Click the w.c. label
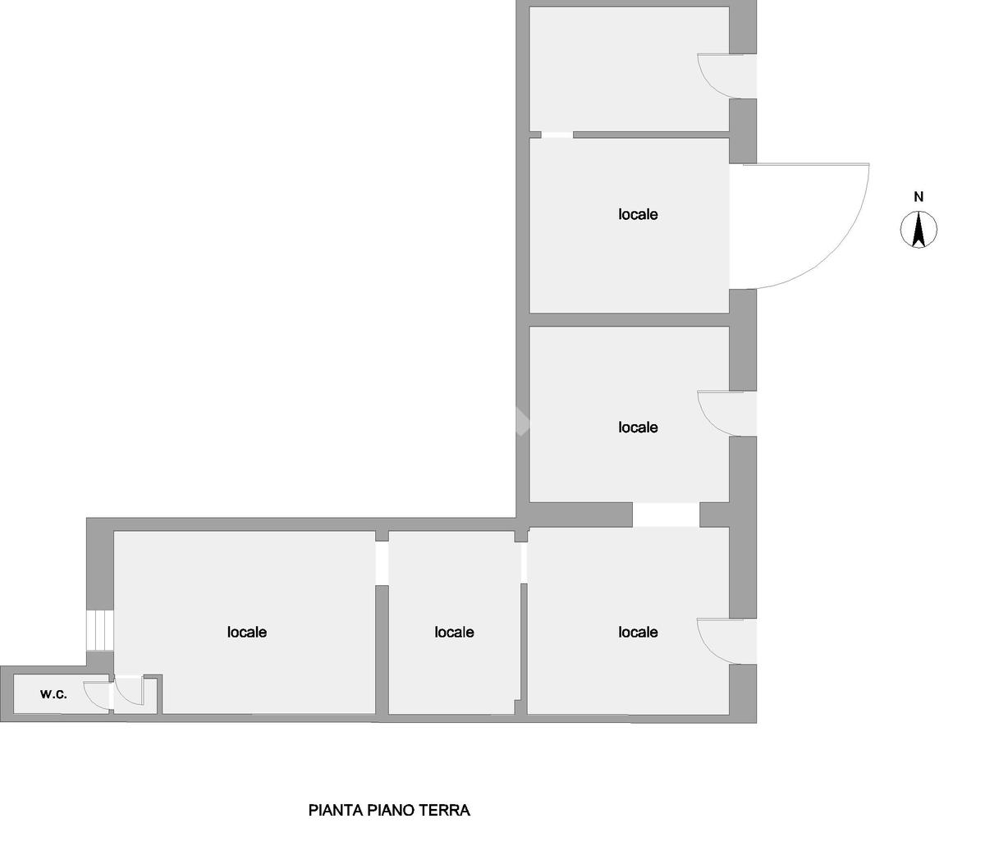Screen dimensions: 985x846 point(53,694)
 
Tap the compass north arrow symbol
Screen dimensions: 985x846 point(919,229)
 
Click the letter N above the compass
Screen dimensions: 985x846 point(919,197)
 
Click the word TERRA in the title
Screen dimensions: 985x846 point(444,811)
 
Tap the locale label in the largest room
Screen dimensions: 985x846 point(247,632)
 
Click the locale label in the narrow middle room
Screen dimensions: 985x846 point(454,632)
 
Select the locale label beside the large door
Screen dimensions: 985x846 point(638,214)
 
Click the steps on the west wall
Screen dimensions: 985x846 point(99,630)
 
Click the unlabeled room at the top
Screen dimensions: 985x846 point(629,69)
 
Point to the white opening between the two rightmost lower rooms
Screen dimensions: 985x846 point(666,514)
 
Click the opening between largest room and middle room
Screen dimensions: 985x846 point(382,562)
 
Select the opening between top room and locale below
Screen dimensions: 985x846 point(557,135)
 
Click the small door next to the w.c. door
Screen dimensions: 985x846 point(130,693)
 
